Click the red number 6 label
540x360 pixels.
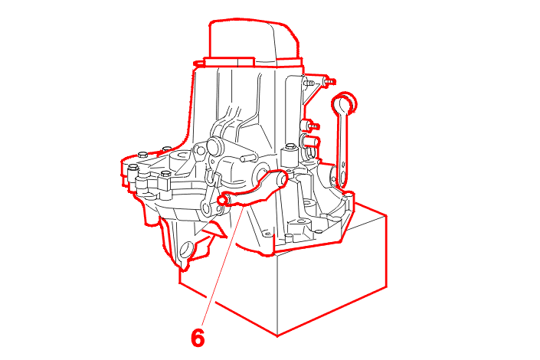(198, 337)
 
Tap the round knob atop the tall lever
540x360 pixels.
(344, 103)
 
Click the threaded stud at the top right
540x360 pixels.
(330, 82)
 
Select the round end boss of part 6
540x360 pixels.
(282, 178)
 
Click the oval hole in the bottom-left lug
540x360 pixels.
(186, 250)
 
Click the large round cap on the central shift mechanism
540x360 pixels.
(215, 146)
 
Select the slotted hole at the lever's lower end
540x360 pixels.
(342, 177)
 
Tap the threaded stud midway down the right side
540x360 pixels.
(314, 126)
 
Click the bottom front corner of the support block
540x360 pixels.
(277, 335)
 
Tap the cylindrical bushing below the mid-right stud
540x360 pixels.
(310, 142)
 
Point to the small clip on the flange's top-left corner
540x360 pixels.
(198, 64)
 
